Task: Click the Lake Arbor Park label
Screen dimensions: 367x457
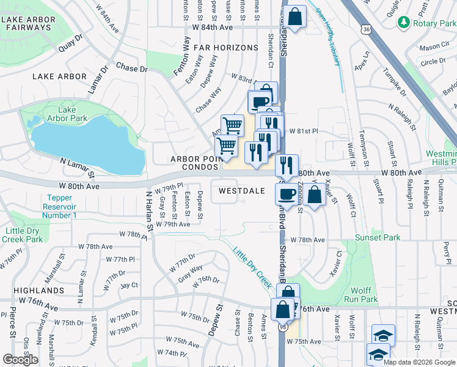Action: coord(67,114)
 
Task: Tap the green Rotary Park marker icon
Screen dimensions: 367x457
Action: coord(403,23)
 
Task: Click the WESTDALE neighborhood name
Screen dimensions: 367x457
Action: coord(242,191)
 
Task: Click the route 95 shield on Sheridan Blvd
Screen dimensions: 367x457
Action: coord(283,327)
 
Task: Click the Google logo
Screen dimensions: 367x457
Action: coord(20,359)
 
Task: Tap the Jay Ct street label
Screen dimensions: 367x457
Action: coord(130,285)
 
